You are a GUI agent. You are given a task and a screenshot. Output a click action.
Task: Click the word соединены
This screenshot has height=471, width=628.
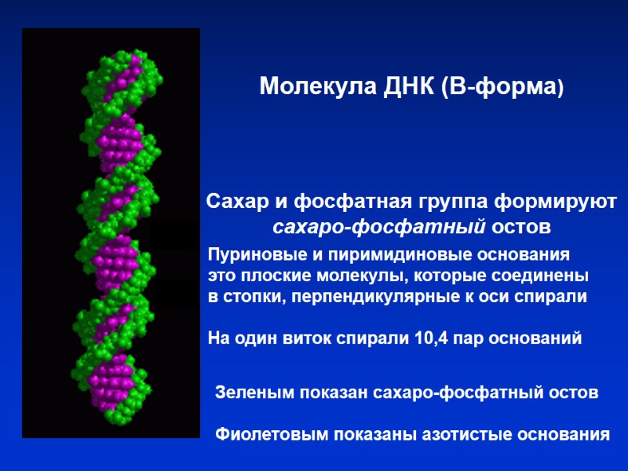(x=542, y=277)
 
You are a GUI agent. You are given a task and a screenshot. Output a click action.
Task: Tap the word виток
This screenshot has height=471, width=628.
(x=312, y=339)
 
